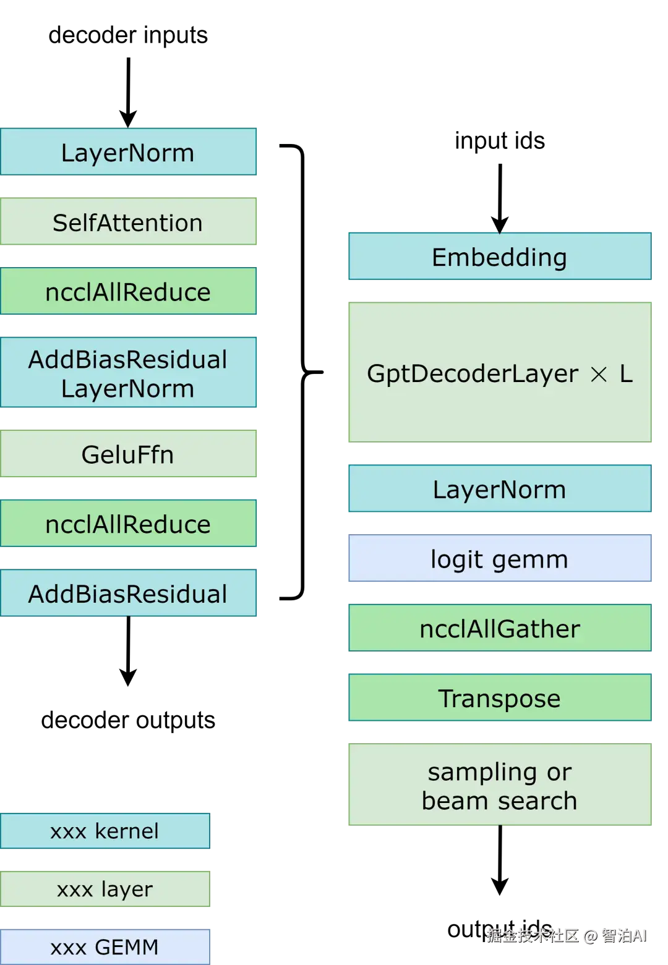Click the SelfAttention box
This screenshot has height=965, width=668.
(128, 222)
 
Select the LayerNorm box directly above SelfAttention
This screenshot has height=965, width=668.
(128, 152)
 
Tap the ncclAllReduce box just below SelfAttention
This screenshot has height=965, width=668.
(128, 292)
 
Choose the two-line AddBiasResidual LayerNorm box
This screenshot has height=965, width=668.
(128, 373)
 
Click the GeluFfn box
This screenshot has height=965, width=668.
(128, 454)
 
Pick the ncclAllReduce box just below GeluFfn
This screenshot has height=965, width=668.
(128, 524)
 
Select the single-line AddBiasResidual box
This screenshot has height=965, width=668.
(128, 593)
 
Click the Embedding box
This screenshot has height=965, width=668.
(499, 257)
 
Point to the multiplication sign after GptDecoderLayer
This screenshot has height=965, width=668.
(599, 374)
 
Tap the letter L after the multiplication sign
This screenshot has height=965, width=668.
(627, 373)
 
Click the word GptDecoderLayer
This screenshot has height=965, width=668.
(472, 374)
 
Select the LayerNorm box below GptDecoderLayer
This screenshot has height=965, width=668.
(499, 489)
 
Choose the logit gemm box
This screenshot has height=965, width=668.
(499, 559)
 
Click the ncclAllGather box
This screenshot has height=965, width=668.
(499, 629)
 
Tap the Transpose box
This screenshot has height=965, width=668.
(499, 698)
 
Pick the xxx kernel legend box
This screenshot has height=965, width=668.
(105, 831)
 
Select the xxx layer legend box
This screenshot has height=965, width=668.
(105, 889)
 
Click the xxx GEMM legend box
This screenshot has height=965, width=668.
(105, 946)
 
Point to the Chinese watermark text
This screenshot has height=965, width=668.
(566, 935)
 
